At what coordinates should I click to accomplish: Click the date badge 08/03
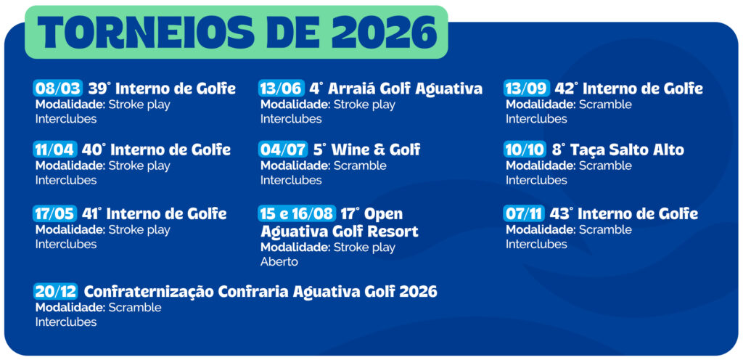click(x=58, y=89)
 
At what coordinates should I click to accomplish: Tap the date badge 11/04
click(x=55, y=150)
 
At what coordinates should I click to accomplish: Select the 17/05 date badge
click(x=55, y=213)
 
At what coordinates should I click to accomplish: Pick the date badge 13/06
click(x=281, y=89)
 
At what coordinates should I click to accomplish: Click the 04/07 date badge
click(x=283, y=150)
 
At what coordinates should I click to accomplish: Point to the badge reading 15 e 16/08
click(x=297, y=213)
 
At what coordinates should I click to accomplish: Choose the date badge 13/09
click(x=527, y=89)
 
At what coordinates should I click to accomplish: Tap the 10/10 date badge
click(x=525, y=150)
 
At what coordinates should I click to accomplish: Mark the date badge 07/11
click(x=525, y=213)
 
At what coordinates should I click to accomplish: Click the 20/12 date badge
click(x=55, y=291)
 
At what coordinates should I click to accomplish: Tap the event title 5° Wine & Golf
click(x=366, y=150)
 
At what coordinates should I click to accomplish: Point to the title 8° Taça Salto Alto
click(x=617, y=150)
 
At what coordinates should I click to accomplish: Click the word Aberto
click(x=279, y=261)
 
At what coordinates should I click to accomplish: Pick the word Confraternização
click(x=149, y=291)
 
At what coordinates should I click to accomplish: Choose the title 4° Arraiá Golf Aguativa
click(x=395, y=89)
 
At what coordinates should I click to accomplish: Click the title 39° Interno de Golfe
click(x=162, y=89)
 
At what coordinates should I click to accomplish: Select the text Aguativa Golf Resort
click(x=339, y=232)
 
